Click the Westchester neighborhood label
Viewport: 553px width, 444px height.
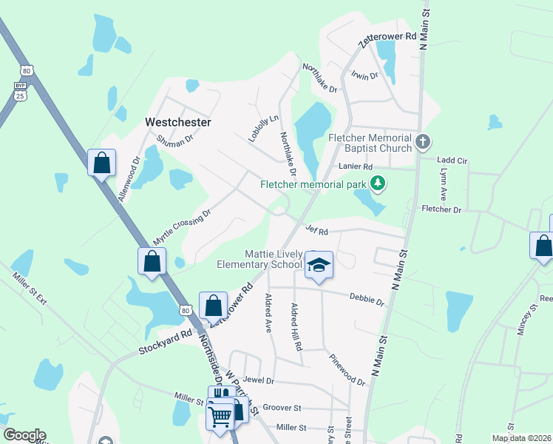(x=178, y=121)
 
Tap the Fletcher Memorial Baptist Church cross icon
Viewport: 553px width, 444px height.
(x=423, y=141)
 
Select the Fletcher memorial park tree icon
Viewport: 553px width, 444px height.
(x=379, y=182)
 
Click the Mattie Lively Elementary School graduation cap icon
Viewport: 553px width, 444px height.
(x=319, y=265)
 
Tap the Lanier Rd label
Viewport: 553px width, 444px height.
(x=356, y=167)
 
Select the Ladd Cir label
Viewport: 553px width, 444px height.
(x=452, y=160)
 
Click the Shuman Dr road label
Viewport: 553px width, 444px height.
(x=174, y=137)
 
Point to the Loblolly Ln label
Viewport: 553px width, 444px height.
(x=263, y=127)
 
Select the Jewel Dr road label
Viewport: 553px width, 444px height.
(x=259, y=380)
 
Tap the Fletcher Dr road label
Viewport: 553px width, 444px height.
(x=441, y=210)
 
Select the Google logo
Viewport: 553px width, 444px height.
(x=24, y=435)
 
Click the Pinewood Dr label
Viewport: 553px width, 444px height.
(x=347, y=369)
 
